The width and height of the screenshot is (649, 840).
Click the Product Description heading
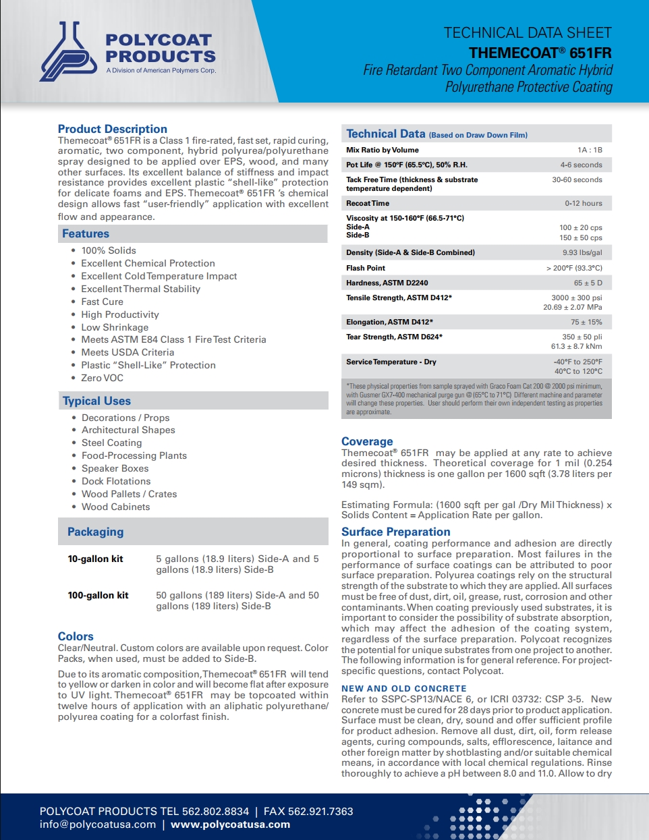(x=112, y=129)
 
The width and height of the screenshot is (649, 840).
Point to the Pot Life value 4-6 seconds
(x=581, y=165)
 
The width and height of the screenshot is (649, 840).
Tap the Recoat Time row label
(x=368, y=203)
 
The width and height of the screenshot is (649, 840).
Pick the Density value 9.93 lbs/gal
(x=582, y=252)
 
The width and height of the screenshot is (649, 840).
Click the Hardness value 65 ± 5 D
(x=588, y=283)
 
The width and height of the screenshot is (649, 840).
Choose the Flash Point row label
(x=366, y=268)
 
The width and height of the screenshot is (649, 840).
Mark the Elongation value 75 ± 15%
(x=586, y=322)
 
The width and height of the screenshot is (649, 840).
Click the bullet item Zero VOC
(x=102, y=378)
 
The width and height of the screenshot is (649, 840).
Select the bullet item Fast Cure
(x=102, y=302)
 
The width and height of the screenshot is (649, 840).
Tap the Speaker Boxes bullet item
(x=115, y=468)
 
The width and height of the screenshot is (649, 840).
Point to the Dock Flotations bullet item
(x=116, y=481)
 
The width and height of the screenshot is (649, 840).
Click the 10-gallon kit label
(x=95, y=559)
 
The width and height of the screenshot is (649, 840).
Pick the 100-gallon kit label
(x=98, y=595)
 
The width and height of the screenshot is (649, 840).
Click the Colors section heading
(x=76, y=636)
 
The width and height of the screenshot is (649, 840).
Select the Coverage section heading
(x=367, y=441)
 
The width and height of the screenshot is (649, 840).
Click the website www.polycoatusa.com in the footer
(x=230, y=824)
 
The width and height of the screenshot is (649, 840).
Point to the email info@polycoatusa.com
(x=97, y=824)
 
